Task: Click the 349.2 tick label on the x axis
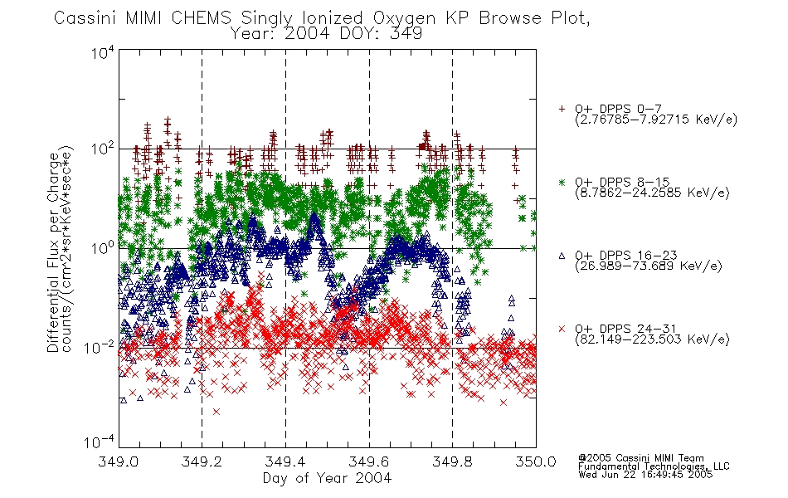point(202,461)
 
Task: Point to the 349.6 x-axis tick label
point(369,461)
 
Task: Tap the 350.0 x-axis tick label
point(536,461)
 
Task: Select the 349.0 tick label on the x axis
point(118,461)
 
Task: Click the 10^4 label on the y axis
point(103,52)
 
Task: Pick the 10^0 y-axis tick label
point(103,248)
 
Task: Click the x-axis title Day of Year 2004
point(327,478)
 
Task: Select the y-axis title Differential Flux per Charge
point(53,252)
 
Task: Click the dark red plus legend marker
point(562,109)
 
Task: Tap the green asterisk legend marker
point(562,182)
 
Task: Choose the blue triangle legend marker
point(562,256)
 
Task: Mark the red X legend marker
point(562,329)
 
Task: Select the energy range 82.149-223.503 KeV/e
point(652,339)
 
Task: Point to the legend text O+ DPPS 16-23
point(626,256)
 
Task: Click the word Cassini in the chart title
point(85,18)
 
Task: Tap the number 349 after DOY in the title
point(406,34)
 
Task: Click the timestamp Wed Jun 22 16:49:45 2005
point(645,475)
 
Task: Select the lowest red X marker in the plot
point(216,412)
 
